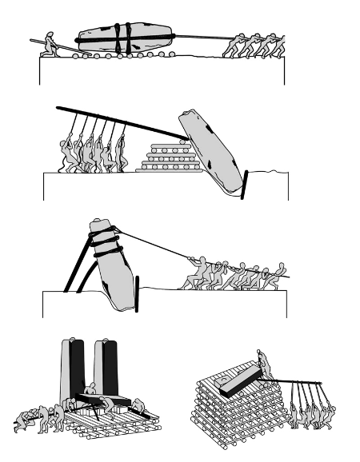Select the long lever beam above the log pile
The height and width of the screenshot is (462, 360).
[x=120, y=120]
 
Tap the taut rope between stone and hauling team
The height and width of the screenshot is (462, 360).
[x=160, y=248]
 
